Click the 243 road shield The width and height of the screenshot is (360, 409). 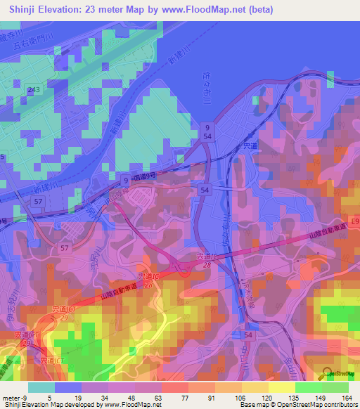click(x=33, y=90)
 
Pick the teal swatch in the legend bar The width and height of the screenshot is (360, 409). click(x=41, y=387)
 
